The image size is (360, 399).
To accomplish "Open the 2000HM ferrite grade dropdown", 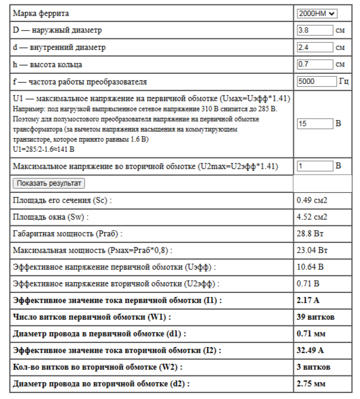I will [x=317, y=13].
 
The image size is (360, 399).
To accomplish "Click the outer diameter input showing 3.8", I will [x=315, y=30].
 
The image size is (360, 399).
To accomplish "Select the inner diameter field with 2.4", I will [x=315, y=47].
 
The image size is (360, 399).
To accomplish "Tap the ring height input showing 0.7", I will [x=315, y=64].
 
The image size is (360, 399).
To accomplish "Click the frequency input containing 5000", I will [x=316, y=81].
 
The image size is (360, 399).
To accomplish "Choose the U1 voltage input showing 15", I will [x=315, y=123].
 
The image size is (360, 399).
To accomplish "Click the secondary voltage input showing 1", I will [x=315, y=166].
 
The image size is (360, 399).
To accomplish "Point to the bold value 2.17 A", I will [x=309, y=300].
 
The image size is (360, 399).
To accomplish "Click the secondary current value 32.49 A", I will [x=312, y=350].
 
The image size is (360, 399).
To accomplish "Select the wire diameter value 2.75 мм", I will [x=311, y=384].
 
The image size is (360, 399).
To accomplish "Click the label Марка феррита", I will [x=41, y=13].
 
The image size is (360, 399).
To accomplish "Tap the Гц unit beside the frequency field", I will [x=344, y=81].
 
